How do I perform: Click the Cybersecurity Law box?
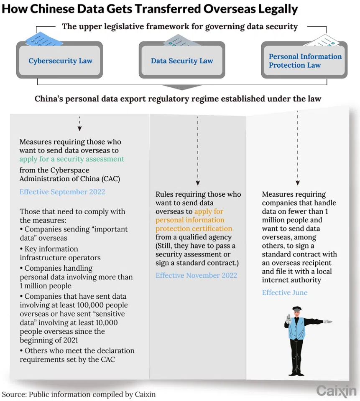[x=60, y=61]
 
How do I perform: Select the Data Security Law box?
[x=182, y=61]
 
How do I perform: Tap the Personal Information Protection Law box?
[x=304, y=61]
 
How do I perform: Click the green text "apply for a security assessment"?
[x=71, y=159]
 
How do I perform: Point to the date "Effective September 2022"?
[x=62, y=192]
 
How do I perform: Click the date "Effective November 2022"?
[x=196, y=275]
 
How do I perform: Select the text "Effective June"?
[x=284, y=292]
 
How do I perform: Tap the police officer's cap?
[x=296, y=309]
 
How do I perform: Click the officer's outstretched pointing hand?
[x=328, y=322]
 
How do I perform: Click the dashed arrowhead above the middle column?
[x=198, y=183]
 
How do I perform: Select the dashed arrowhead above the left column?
[x=79, y=129]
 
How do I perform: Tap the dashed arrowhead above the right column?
[x=297, y=183]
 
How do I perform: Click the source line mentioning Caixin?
[x=79, y=393]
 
